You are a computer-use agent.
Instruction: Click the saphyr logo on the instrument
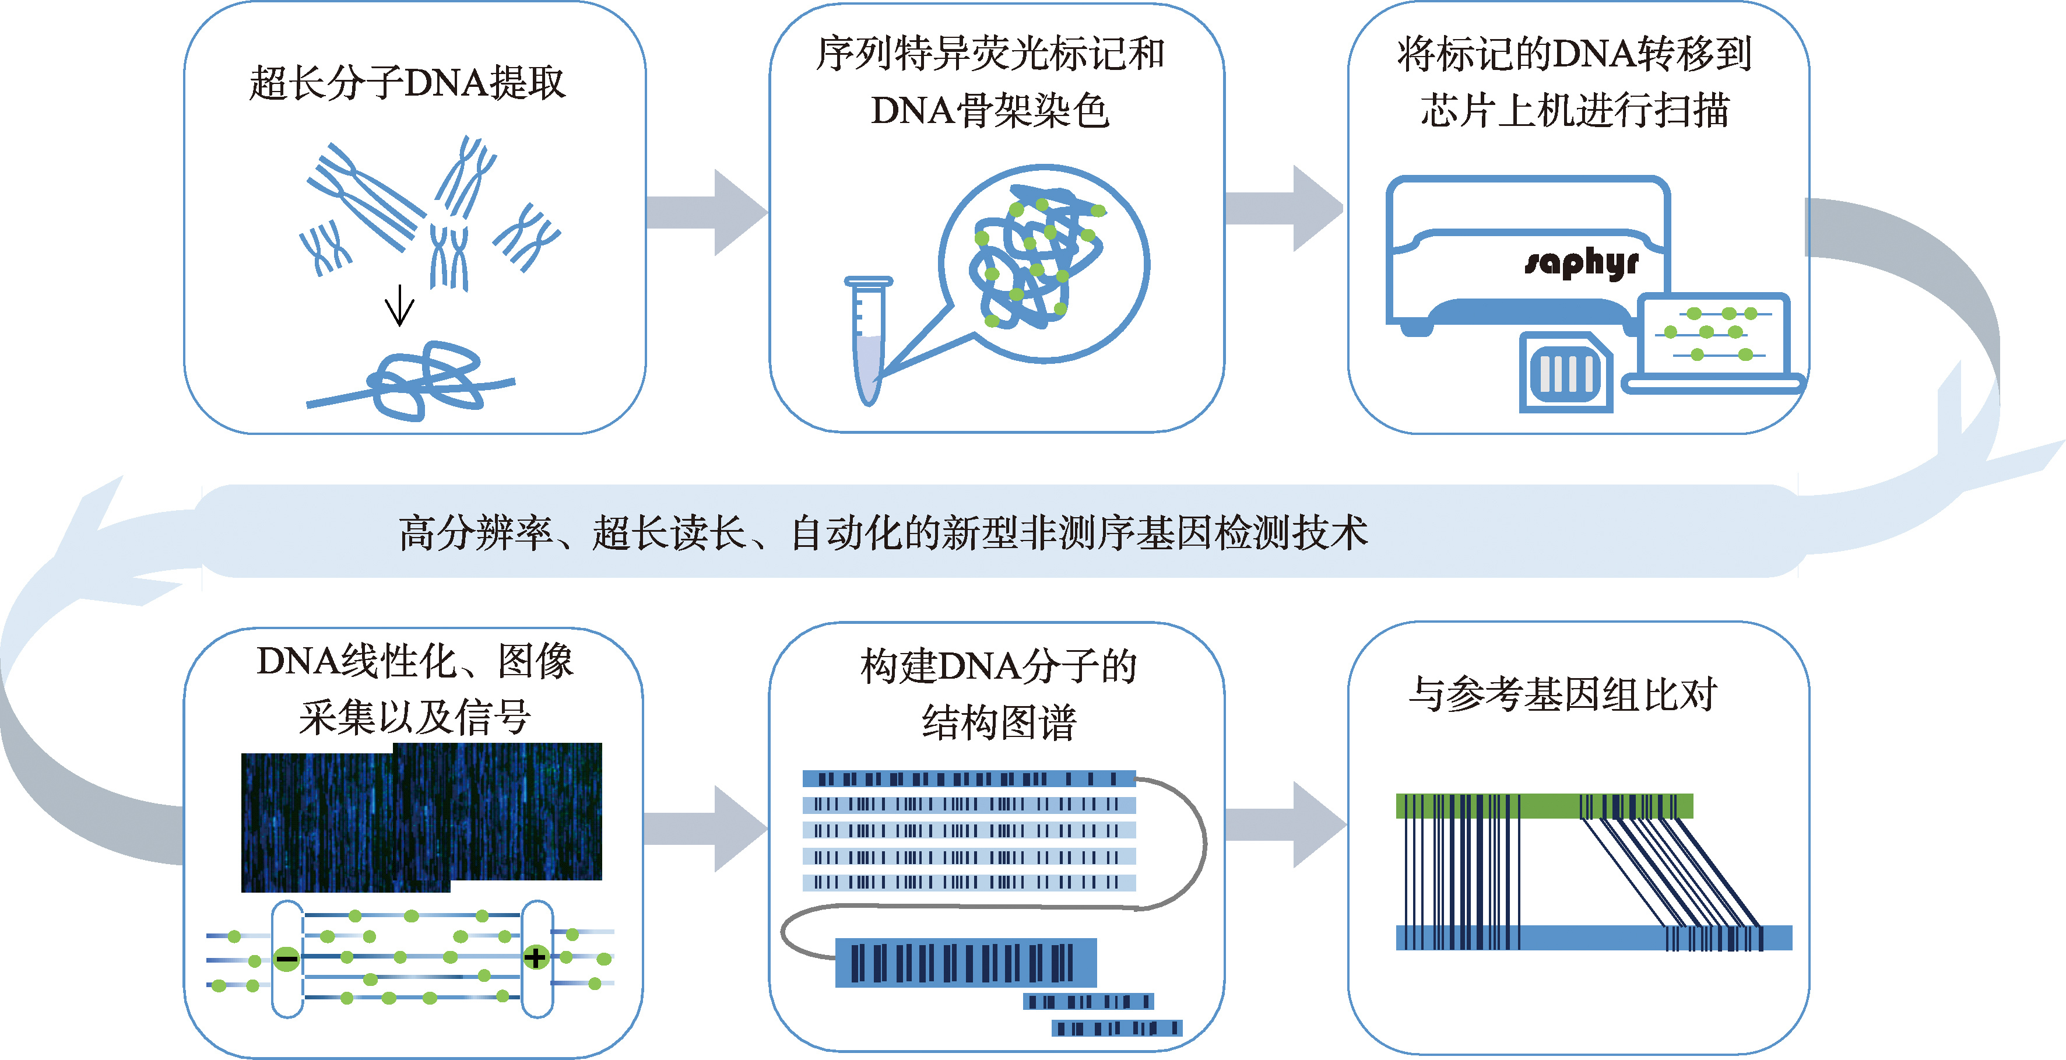click(x=1582, y=263)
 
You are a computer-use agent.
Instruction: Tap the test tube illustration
click(x=868, y=341)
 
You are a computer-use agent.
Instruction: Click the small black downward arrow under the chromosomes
click(x=399, y=306)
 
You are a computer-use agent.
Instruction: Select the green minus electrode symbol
click(x=286, y=958)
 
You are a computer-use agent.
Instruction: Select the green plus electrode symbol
click(x=535, y=957)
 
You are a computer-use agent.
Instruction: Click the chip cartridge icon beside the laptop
click(x=1566, y=373)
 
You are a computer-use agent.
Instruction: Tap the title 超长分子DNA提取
click(x=407, y=83)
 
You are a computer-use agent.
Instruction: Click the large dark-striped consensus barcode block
click(x=965, y=963)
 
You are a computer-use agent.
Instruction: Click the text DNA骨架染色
click(x=990, y=111)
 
